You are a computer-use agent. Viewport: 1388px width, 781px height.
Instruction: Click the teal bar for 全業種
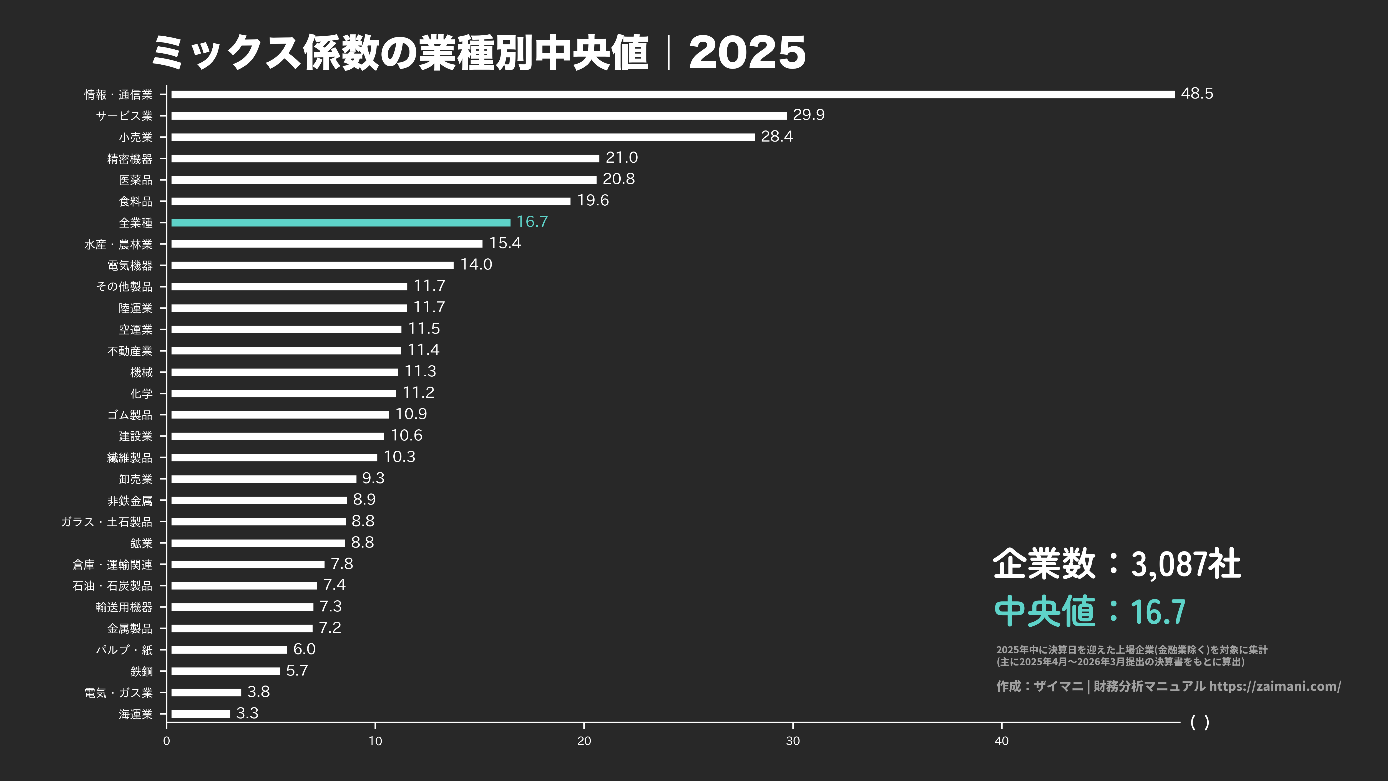[341, 223]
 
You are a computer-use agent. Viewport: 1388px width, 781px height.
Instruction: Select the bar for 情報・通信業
[672, 94]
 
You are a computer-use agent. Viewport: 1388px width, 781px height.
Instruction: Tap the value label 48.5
[1197, 94]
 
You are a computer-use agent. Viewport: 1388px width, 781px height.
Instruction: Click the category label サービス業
[124, 116]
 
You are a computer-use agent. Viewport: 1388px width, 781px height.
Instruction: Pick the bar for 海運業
[200, 714]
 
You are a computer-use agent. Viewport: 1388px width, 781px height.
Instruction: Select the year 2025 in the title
[747, 53]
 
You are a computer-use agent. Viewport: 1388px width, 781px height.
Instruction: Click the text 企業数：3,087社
[1117, 564]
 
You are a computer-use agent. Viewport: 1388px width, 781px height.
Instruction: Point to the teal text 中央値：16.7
[1090, 611]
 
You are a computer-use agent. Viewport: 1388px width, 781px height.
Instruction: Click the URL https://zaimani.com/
[1275, 686]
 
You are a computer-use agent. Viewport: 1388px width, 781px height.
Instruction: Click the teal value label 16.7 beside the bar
[532, 222]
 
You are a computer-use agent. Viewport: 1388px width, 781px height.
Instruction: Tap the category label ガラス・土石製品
[107, 522]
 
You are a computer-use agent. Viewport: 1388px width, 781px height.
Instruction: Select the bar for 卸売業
[263, 479]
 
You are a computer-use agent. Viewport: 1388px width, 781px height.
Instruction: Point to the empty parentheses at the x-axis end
[1200, 722]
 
